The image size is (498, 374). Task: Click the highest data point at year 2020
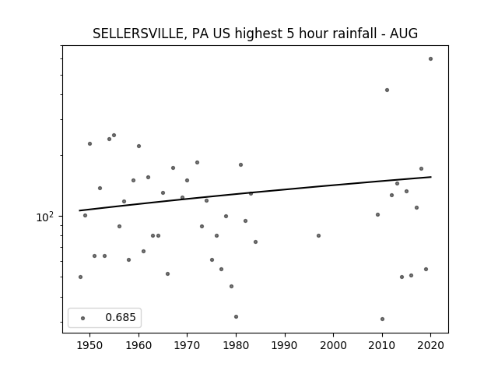430,59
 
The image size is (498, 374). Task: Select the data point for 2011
387,90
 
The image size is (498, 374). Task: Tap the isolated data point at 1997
318,235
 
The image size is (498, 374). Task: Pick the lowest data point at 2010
382,319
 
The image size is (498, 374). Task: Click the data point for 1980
236,317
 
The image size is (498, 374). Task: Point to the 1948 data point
80,277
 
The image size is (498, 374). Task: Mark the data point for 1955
114,135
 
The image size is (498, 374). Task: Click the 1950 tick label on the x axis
90,345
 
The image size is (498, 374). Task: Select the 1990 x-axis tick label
285,345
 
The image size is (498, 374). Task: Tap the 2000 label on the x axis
334,345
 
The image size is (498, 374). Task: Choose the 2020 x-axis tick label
430,345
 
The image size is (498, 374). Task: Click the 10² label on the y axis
45,217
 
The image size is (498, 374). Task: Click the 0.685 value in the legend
121,317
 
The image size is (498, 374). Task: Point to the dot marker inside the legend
83,318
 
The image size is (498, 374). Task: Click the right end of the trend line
431,177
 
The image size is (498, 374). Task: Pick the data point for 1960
139,146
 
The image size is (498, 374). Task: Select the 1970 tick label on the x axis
187,345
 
